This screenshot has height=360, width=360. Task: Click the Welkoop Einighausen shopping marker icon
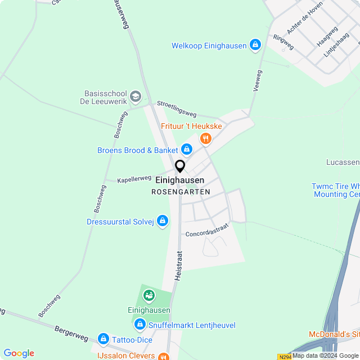255,44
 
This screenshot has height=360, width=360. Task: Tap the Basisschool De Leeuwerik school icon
135,97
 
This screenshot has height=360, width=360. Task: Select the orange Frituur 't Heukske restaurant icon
206,138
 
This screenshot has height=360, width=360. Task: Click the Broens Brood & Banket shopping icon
187,150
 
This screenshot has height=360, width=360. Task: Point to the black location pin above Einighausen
180,166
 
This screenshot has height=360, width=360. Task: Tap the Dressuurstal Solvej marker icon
163,222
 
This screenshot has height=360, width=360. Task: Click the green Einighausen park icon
148,295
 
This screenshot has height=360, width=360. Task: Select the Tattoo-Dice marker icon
103,339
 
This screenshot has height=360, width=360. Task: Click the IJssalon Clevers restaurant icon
163,356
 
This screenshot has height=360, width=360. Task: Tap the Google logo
19,353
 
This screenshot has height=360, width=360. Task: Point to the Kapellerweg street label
134,179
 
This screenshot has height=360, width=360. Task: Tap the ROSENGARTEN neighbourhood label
181,192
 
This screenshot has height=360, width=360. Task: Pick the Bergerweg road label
71,333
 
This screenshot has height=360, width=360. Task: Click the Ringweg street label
283,40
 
